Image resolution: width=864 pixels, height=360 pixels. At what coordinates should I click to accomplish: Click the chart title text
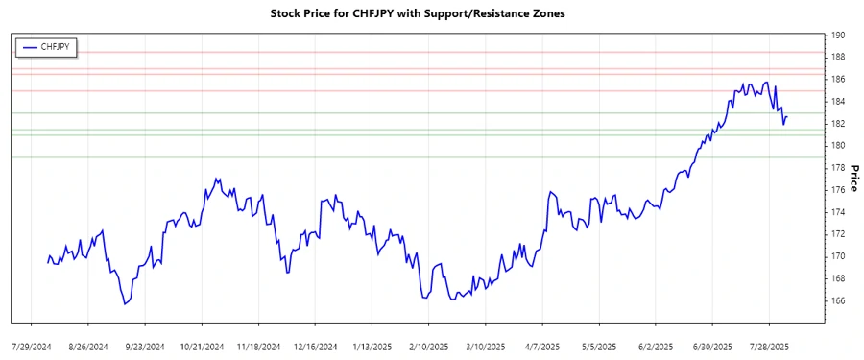pos(432,13)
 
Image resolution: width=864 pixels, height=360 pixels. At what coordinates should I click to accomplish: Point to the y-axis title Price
pos(852,177)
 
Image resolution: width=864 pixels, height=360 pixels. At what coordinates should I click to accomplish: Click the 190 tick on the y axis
pos(837,35)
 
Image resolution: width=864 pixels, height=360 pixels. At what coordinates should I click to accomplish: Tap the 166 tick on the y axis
pos(837,300)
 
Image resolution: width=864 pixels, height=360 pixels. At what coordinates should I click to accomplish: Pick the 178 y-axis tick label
pos(837,168)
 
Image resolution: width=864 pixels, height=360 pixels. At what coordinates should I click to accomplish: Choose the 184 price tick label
pos(837,102)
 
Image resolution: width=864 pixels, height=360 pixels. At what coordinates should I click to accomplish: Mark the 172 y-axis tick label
pos(837,234)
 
